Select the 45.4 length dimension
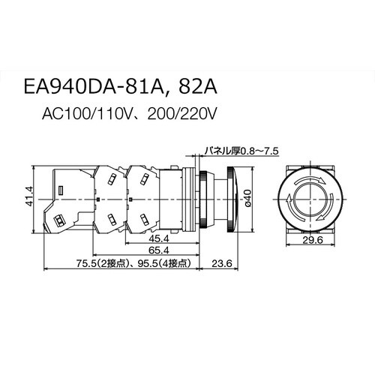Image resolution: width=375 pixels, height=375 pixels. coord(159,240)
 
